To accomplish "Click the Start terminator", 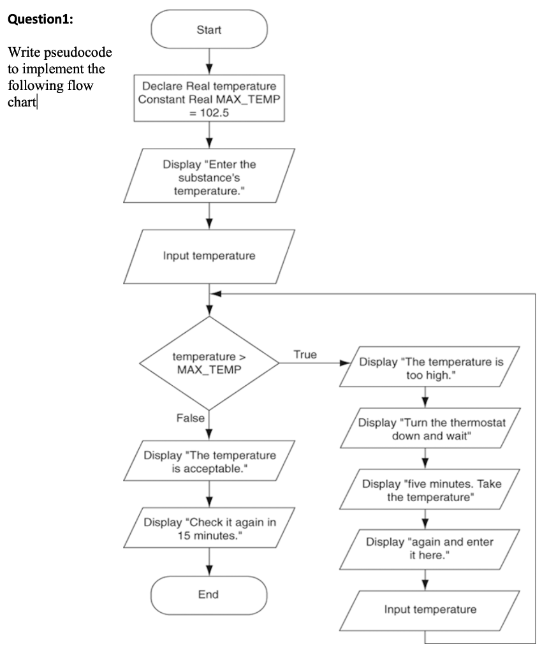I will pos(209,30).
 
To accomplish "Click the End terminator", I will pos(209,594).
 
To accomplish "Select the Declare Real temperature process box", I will pos(209,98).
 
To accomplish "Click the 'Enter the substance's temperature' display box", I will pos(209,175).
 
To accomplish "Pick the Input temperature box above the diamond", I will pos(209,256).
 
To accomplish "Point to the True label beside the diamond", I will pos(305,355).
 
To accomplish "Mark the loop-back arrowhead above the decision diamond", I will pos(217,294).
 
